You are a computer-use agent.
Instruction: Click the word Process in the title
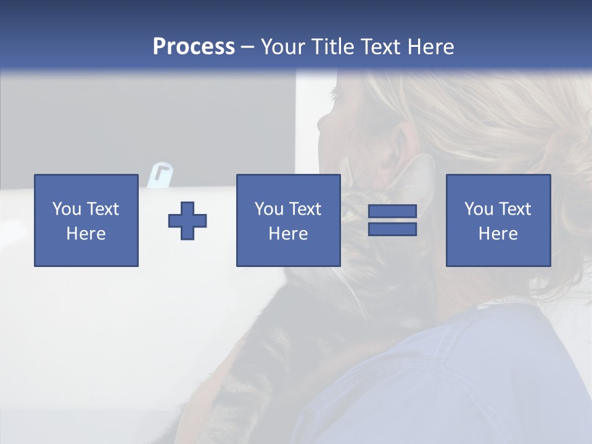(194, 47)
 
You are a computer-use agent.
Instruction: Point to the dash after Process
(247, 47)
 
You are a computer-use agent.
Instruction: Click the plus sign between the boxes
(187, 221)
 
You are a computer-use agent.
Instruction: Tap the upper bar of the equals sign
(392, 212)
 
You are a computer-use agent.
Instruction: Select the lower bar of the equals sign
(392, 229)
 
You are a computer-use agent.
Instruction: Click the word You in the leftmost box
(67, 209)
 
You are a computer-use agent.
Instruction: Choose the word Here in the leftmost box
(86, 234)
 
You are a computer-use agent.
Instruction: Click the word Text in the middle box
(305, 209)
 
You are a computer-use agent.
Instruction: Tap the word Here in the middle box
(288, 234)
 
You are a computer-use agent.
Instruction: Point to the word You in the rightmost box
(479, 209)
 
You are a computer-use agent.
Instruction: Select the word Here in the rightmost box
(498, 234)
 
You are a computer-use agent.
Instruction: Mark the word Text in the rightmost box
(514, 209)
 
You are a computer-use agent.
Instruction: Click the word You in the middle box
(269, 209)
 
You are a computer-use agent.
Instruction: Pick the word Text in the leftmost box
(102, 209)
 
